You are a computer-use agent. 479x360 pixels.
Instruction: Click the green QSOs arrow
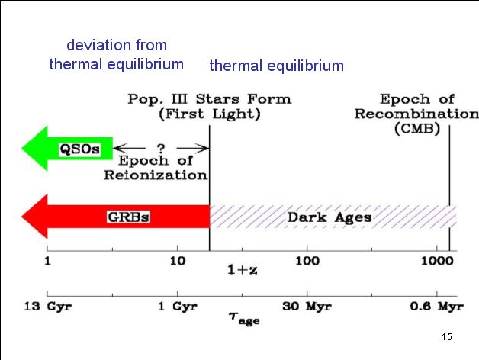tap(69, 149)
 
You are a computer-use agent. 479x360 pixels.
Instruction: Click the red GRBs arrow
tap(114, 217)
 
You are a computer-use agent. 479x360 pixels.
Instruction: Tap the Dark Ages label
tap(329, 217)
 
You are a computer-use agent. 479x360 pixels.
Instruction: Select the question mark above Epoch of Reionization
tap(161, 147)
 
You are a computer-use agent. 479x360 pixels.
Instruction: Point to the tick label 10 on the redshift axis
tap(177, 261)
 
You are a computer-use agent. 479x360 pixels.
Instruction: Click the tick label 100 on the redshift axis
tap(307, 261)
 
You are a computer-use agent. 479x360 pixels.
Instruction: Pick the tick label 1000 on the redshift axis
tap(437, 261)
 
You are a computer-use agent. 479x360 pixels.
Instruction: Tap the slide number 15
tap(447, 337)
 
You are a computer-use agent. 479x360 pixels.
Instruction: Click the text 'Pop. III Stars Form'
tap(209, 99)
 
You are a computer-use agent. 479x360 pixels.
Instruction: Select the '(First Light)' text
tap(209, 114)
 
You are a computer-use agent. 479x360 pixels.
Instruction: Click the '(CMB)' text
tap(417, 129)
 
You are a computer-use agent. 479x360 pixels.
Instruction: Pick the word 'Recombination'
tap(416, 114)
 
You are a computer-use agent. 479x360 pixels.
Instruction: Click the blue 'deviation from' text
tap(117, 45)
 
